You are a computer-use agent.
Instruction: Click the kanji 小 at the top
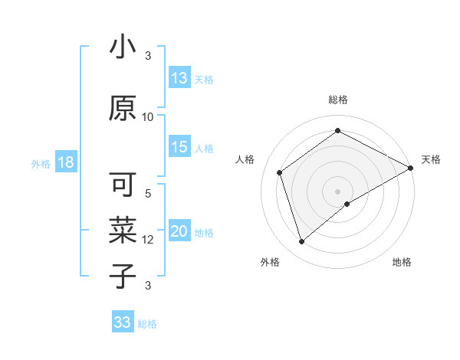click(122, 47)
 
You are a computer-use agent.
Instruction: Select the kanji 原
click(123, 108)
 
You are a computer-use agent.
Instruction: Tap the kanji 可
click(123, 185)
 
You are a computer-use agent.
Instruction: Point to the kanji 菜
click(123, 230)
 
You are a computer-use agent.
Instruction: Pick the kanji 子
click(123, 275)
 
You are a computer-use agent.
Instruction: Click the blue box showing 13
click(179, 78)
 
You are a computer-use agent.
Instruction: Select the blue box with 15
click(179, 147)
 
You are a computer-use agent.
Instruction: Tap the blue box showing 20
click(179, 232)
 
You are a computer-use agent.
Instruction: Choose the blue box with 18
click(65, 163)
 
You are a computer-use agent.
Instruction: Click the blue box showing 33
click(123, 322)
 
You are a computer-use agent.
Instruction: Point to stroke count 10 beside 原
click(148, 116)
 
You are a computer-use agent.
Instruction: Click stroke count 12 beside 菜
click(148, 240)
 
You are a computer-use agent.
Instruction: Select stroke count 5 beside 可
click(148, 194)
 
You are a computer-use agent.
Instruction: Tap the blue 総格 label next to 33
click(147, 324)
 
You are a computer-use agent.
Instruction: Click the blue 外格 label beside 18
click(41, 164)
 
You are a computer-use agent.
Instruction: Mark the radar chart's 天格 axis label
click(431, 159)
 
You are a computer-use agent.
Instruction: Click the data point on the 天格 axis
click(412, 168)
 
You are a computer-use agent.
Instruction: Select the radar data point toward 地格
click(347, 204)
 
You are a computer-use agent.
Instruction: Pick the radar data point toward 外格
click(301, 242)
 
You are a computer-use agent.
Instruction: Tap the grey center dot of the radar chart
click(337, 190)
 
